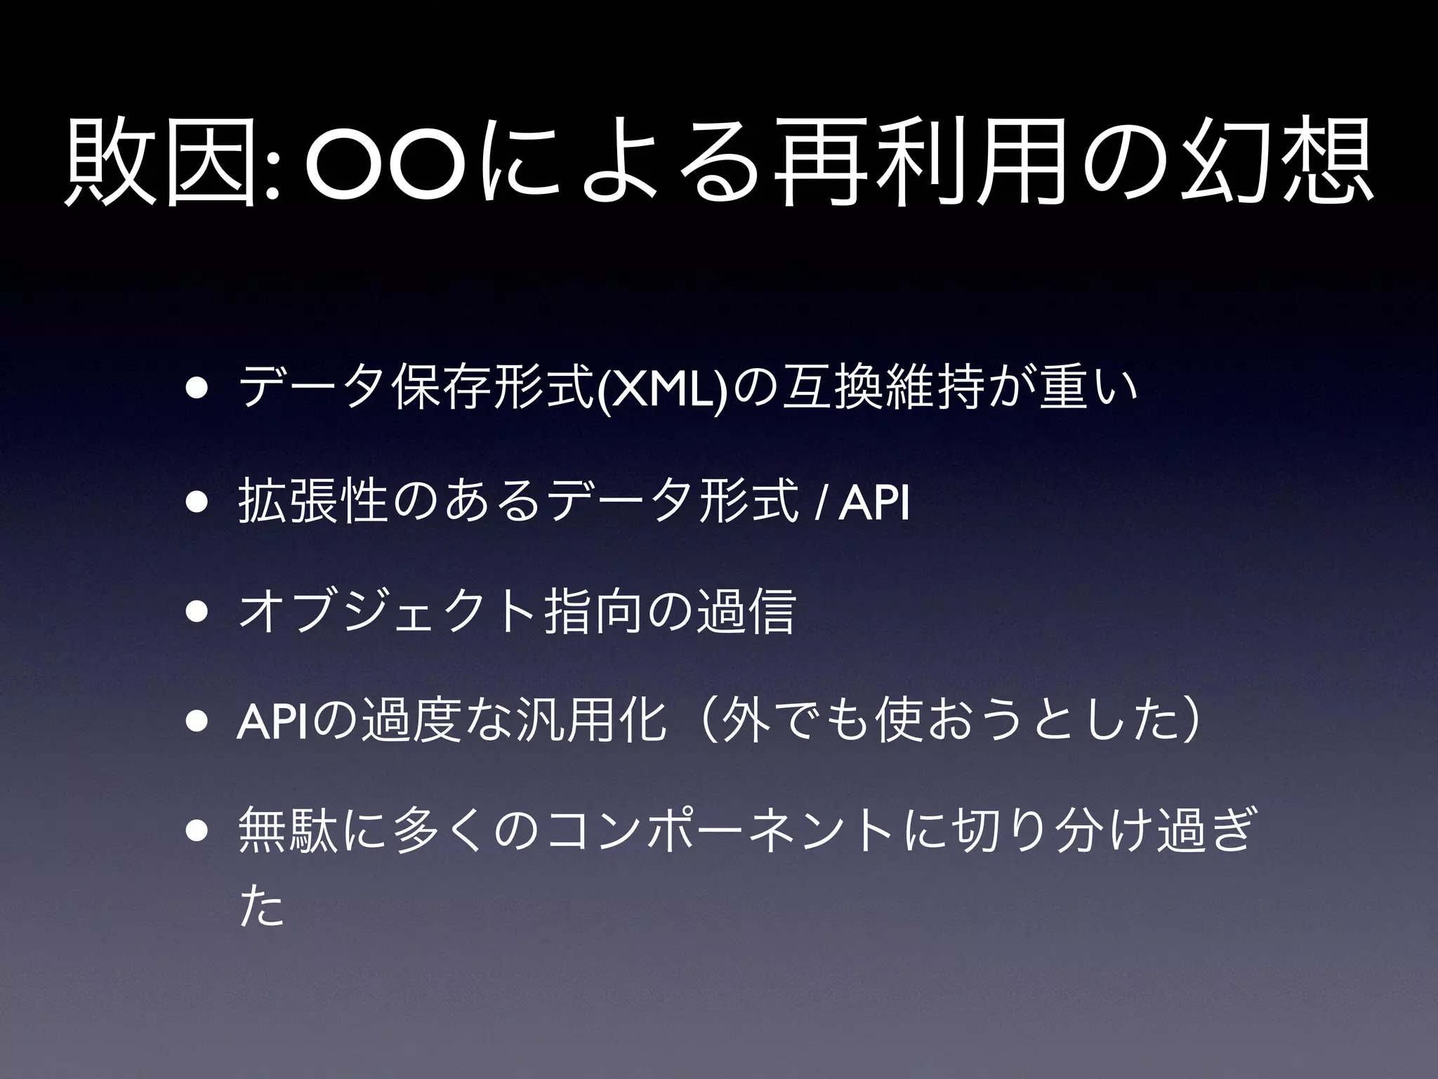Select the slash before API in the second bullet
(x=818, y=503)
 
